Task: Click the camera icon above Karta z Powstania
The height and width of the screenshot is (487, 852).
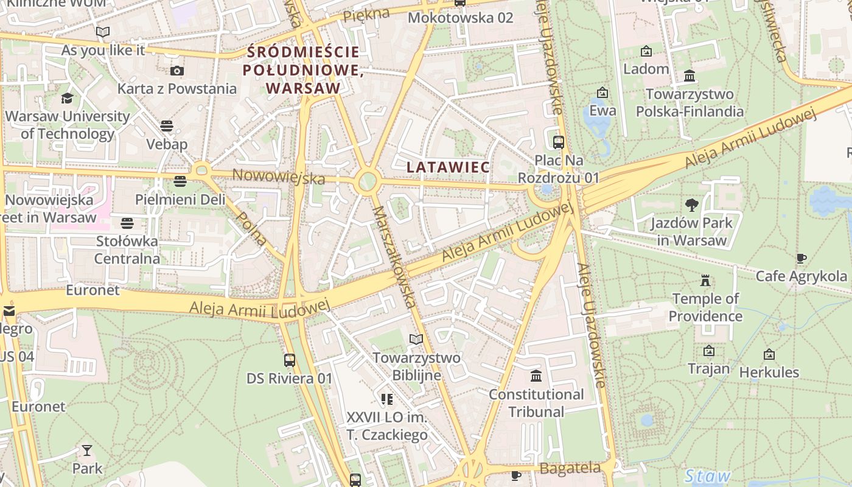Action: [x=177, y=71]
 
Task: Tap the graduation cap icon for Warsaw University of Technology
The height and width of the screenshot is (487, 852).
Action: [x=67, y=98]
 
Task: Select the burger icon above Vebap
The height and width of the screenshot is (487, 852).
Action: [x=167, y=126]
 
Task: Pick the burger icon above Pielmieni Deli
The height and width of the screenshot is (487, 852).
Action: [x=180, y=181]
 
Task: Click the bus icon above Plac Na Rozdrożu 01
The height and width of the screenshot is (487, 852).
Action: [x=558, y=142]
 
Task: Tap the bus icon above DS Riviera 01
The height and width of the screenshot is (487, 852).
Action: [x=290, y=360]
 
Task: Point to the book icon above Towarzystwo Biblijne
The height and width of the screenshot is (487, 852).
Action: [x=416, y=339]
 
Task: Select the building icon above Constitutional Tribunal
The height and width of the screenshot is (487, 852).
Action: [x=536, y=376]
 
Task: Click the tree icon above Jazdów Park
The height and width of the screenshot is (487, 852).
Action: [x=691, y=205]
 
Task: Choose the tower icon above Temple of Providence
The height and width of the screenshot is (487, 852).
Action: [x=705, y=281]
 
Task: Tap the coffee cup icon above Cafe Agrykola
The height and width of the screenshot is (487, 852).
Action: [x=801, y=259]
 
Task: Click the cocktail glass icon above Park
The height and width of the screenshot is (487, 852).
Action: [x=87, y=450]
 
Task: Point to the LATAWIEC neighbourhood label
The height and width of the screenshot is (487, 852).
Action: [x=448, y=167]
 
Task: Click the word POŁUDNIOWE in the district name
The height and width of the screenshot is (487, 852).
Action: [x=303, y=70]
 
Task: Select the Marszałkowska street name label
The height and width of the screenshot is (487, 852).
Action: [x=394, y=256]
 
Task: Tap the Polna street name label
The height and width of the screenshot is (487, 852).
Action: [x=251, y=228]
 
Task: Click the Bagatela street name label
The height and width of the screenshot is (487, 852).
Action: [x=570, y=468]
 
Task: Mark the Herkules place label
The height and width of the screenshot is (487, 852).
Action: [x=769, y=372]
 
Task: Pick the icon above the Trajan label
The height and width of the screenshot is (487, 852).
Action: [x=708, y=351]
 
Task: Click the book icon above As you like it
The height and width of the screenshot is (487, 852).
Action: [x=103, y=32]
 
